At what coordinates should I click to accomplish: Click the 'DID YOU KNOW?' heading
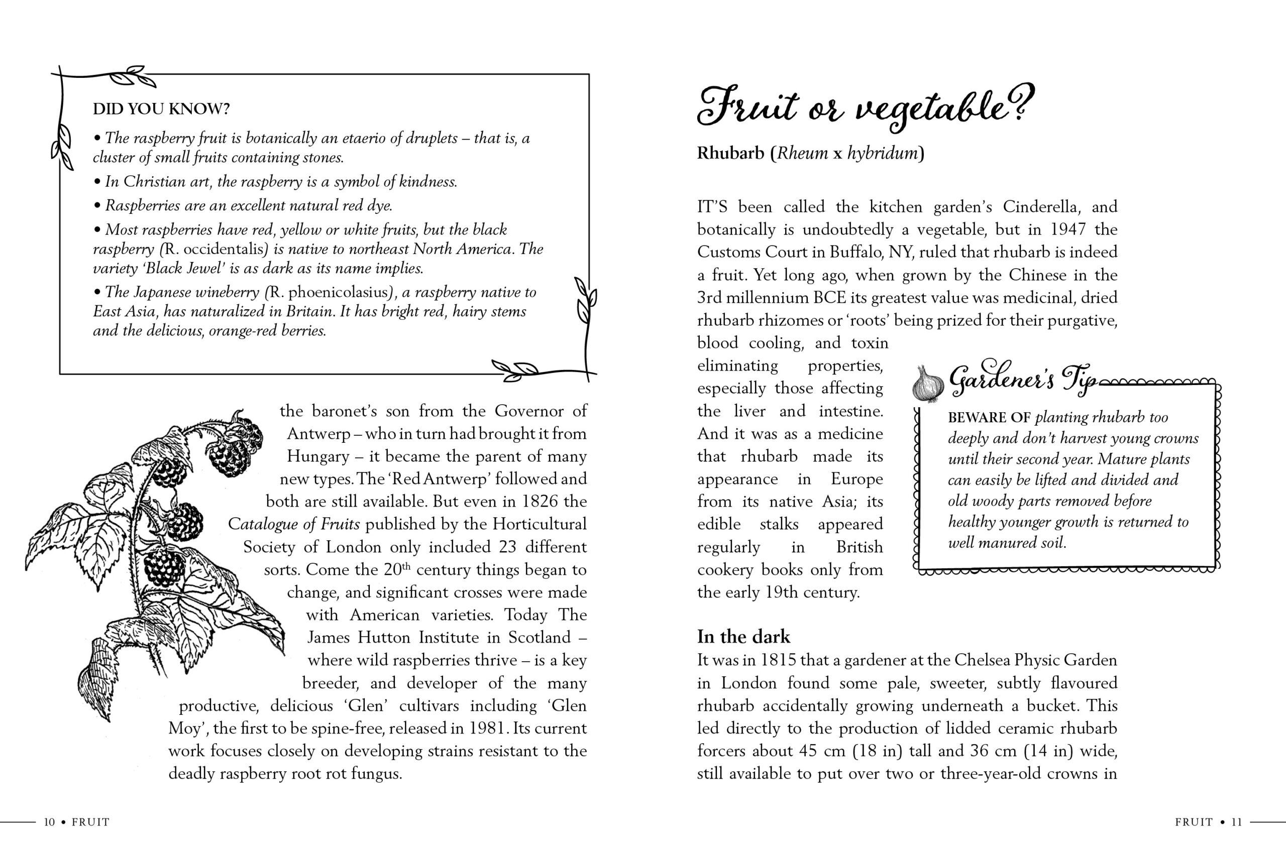[x=161, y=109]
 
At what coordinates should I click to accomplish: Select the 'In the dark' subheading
[x=743, y=637]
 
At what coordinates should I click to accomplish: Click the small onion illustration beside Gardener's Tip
[x=927, y=384]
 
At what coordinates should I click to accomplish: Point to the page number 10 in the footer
[x=49, y=822]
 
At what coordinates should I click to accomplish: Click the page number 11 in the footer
[x=1236, y=822]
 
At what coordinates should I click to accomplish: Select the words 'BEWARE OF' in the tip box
[x=989, y=417]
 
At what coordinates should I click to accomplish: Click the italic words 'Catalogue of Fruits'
[x=293, y=524]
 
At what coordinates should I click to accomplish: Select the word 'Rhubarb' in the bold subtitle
[x=730, y=154]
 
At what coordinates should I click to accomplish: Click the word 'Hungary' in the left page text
[x=318, y=456]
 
